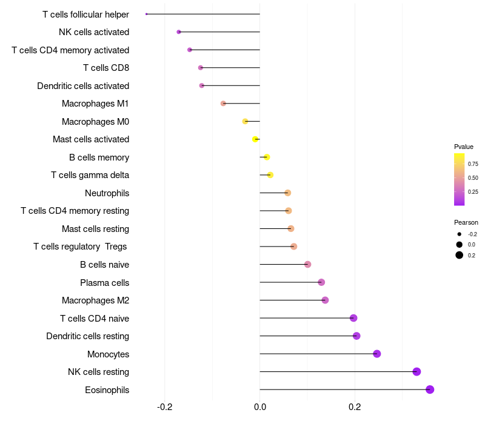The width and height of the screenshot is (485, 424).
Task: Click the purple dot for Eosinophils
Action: click(x=430, y=389)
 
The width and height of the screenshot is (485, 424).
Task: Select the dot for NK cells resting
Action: click(x=416, y=372)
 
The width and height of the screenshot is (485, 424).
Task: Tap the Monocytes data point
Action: click(x=377, y=354)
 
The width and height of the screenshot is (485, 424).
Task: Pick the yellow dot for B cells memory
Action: click(x=267, y=157)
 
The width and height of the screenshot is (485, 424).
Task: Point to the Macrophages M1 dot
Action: click(x=223, y=104)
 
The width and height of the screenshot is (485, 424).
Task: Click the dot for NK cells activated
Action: click(x=179, y=32)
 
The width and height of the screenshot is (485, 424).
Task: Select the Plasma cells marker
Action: click(x=321, y=282)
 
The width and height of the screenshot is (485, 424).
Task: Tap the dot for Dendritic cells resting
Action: click(x=356, y=336)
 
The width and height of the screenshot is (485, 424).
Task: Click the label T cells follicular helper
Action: click(x=85, y=14)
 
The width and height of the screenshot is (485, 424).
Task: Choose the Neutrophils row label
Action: click(x=107, y=193)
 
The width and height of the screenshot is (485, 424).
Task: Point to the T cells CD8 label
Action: click(x=106, y=68)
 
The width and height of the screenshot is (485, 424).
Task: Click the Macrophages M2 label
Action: click(x=95, y=300)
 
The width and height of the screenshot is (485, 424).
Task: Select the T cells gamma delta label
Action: click(x=90, y=175)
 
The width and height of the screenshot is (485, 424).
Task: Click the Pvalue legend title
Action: click(x=464, y=147)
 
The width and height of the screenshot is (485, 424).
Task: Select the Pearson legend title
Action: click(x=466, y=222)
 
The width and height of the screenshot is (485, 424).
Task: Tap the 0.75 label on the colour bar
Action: click(x=473, y=164)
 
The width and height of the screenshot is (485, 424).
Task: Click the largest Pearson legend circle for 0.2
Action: click(x=460, y=255)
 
